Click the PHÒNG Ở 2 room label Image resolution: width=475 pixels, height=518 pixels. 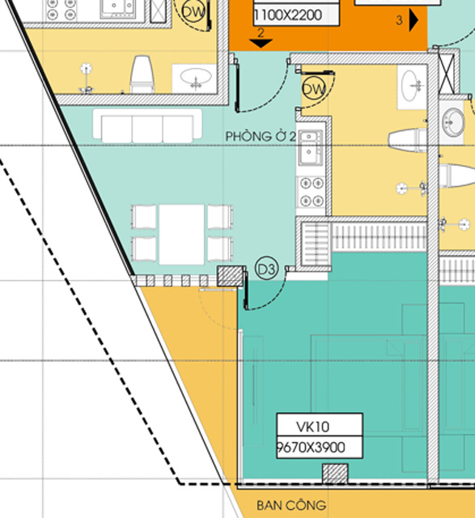click(x=261, y=137)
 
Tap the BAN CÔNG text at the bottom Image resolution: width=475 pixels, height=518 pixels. click(x=291, y=505)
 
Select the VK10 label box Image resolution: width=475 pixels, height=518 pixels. click(x=320, y=435)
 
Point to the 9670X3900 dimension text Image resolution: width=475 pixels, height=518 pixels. click(x=311, y=448)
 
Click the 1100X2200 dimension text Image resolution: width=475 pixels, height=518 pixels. click(x=288, y=15)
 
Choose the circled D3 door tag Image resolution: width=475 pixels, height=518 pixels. click(x=266, y=270)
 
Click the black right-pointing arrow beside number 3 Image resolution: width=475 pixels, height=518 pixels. click(x=414, y=19)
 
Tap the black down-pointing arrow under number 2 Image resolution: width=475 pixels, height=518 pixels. click(x=261, y=43)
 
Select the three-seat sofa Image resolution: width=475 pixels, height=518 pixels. click(x=147, y=126)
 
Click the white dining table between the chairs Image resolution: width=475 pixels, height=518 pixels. click(x=182, y=235)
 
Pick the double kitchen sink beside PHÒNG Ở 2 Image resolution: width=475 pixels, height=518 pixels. click(x=310, y=147)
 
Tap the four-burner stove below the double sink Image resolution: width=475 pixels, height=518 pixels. click(x=312, y=192)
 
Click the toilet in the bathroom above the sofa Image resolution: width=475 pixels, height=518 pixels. click(x=142, y=74)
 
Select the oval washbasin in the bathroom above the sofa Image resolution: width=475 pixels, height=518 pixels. click(x=196, y=78)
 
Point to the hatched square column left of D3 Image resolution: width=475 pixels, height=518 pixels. click(x=231, y=276)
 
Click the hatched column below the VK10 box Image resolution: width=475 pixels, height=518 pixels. click(x=335, y=473)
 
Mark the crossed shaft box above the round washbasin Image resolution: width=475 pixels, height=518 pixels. click(x=446, y=74)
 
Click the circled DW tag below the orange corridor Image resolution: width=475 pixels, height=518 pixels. click(x=314, y=88)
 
